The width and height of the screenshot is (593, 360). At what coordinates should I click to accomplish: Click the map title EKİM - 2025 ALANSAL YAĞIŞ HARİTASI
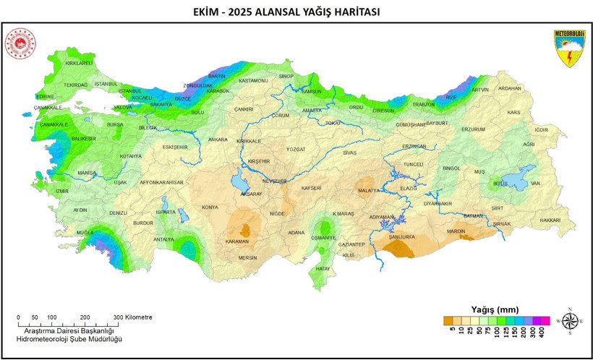coord(296,12)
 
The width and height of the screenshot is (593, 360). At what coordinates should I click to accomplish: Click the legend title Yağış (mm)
coord(495,309)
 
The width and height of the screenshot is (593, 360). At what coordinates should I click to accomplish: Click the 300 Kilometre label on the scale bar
coord(134,317)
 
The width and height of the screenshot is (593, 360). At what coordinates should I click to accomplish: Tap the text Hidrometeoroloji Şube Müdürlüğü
coord(70,339)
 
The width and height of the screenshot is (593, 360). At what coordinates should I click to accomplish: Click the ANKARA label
coord(218,139)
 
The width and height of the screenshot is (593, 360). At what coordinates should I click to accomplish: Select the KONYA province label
coord(210,207)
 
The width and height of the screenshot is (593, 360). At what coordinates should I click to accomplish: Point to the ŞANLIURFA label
coord(400,236)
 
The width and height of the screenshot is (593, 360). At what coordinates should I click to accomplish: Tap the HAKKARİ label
coord(550,220)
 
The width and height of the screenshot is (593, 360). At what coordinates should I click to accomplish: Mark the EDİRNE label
coord(45,96)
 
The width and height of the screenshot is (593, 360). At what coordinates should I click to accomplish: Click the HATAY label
coord(323,268)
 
